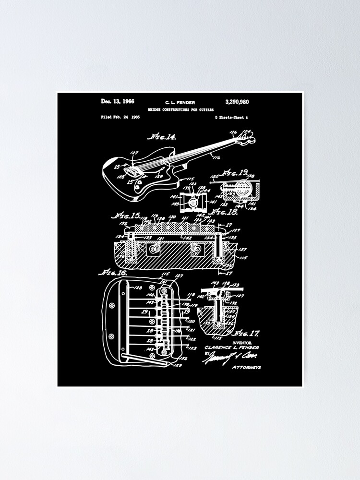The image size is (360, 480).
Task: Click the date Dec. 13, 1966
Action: point(118,101)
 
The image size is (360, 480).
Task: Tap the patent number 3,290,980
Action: point(237,102)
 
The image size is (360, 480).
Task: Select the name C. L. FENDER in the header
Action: point(180,102)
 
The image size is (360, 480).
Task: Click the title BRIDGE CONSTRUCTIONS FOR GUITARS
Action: point(180,109)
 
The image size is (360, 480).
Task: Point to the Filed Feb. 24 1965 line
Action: point(120,117)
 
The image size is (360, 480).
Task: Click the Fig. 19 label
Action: point(235,171)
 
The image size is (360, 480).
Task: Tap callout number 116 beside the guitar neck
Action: point(216,157)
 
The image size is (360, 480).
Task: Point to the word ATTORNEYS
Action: point(246,367)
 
